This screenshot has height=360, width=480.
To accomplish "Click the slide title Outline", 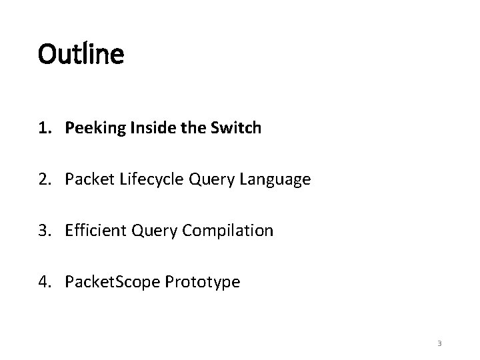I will pos(81,54).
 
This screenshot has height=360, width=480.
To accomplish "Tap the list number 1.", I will pos(43,128).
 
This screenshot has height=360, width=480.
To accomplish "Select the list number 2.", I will pos(43,179).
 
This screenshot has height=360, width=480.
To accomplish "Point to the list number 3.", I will pos(43,231).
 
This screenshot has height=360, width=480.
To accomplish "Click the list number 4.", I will pos(43,282).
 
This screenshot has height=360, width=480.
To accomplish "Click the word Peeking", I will pos(91,129).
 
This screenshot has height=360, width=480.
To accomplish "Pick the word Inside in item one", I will pos(139,128).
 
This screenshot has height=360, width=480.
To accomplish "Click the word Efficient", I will pos(91,231).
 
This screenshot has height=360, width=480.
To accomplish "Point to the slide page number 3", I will pos(439,343).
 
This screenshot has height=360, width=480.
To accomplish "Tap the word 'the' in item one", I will pos(179,128).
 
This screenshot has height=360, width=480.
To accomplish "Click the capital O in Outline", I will pos(48,54).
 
